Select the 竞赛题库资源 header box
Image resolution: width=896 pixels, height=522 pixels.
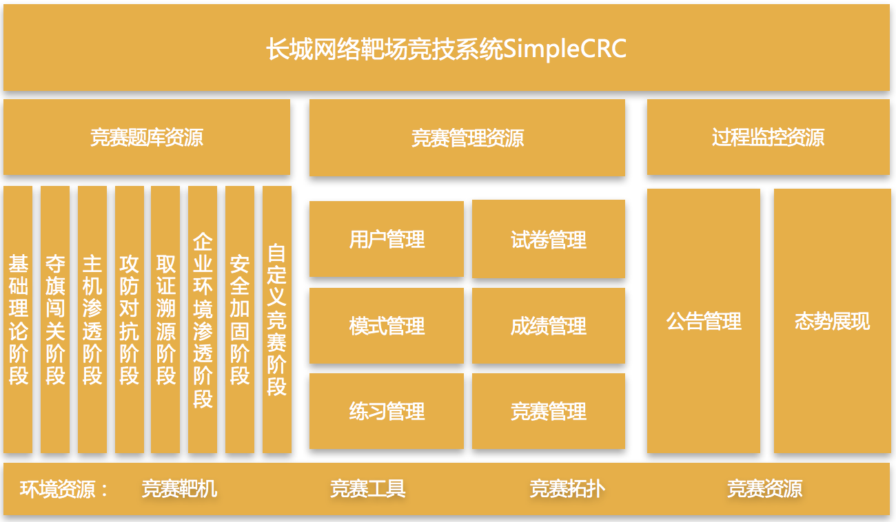(x=146, y=138)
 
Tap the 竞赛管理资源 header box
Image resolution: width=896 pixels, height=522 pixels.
(x=467, y=138)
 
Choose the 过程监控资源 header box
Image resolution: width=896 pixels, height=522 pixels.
(x=768, y=138)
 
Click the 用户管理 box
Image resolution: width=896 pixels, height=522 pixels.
(x=387, y=240)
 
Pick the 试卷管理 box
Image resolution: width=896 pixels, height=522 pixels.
(x=549, y=240)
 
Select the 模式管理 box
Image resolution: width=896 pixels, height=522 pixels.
(x=387, y=326)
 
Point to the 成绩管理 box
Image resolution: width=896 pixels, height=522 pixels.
(x=549, y=326)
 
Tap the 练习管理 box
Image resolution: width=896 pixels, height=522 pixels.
(x=387, y=412)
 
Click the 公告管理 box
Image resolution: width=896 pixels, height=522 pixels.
(x=704, y=321)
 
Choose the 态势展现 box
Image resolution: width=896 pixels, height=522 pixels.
(x=832, y=321)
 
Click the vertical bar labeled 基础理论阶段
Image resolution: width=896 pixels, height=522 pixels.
(x=18, y=320)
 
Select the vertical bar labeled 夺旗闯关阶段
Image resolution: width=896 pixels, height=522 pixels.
(x=55, y=320)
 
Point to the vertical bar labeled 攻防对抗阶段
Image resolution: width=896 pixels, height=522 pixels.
(x=130, y=320)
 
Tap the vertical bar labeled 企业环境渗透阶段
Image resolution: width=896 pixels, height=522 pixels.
(x=203, y=320)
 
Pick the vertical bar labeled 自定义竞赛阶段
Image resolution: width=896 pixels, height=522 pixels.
(x=277, y=320)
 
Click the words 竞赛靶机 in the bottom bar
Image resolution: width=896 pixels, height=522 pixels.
(x=179, y=489)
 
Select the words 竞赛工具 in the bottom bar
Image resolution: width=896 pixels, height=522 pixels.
(x=367, y=489)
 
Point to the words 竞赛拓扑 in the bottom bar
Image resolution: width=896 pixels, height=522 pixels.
(x=567, y=489)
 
